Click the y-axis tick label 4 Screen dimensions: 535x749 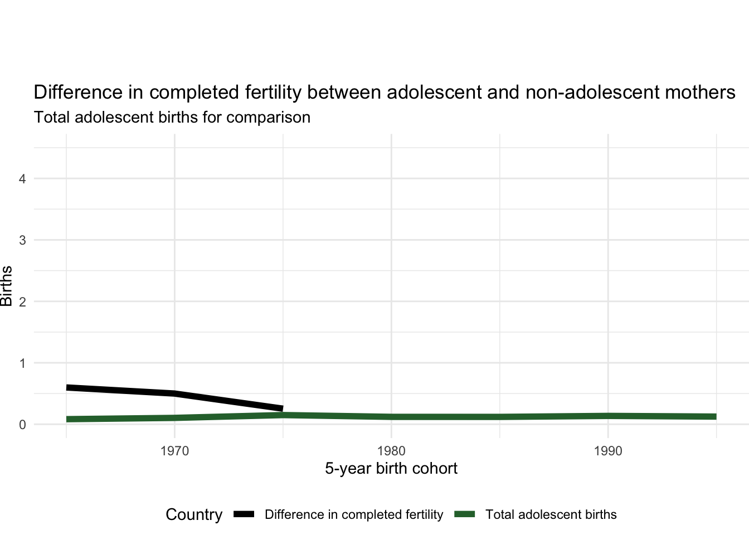(x=22, y=179)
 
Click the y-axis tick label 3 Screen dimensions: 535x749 (x=22, y=240)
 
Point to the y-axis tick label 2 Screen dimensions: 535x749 (x=22, y=301)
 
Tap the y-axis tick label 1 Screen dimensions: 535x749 (x=22, y=363)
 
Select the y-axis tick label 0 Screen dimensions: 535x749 (x=22, y=425)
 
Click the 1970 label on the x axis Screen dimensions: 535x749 (x=174, y=451)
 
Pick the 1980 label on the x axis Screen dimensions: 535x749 (x=391, y=451)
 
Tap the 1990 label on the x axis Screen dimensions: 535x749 (x=608, y=451)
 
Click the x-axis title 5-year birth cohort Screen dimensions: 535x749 (x=391, y=469)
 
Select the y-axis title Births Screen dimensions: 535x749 (x=7, y=286)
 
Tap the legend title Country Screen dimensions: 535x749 (x=194, y=514)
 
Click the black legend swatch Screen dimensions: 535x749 (x=244, y=514)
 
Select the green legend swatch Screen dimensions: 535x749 (x=465, y=514)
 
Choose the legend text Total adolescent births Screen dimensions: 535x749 (x=551, y=514)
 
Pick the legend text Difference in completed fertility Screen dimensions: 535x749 (x=354, y=514)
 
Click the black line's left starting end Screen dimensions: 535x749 (x=67, y=387)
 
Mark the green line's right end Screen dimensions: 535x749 (x=716, y=417)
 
